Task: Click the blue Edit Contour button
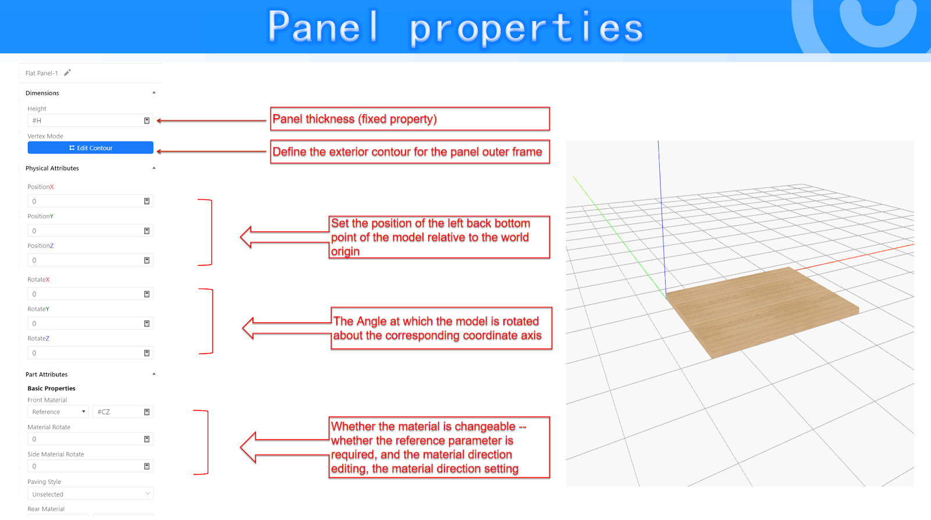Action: (90, 148)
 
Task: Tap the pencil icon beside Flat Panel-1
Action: (67, 73)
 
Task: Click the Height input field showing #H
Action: (90, 120)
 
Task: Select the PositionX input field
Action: (90, 201)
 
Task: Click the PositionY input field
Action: (90, 230)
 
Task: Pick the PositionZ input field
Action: (90, 260)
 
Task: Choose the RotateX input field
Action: (90, 294)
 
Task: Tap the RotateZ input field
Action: (90, 353)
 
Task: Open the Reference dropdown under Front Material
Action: (58, 412)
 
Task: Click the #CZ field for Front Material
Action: (123, 412)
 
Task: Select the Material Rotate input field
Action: (90, 439)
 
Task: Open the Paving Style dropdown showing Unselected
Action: (90, 494)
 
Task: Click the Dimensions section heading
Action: (42, 93)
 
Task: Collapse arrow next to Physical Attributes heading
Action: (154, 168)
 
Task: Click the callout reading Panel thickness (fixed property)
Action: (410, 119)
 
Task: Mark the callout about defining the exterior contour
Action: (410, 152)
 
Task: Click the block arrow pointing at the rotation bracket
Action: (287, 329)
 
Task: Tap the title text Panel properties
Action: (456, 27)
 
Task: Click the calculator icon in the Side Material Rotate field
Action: (147, 466)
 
